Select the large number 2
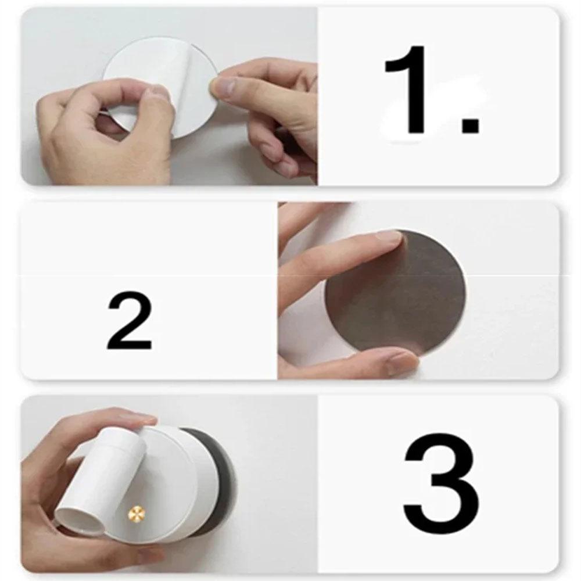pyautogui.click(x=130, y=321)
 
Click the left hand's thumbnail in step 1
pyautogui.click(x=156, y=93)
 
